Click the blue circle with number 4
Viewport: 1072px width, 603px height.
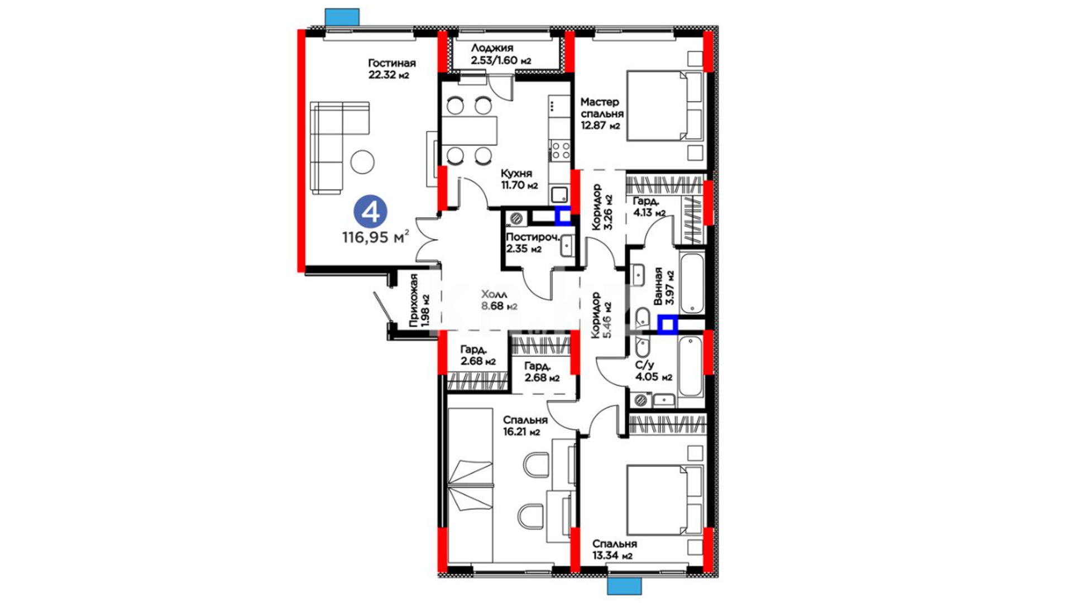click(x=371, y=212)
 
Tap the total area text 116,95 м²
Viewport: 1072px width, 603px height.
click(x=376, y=237)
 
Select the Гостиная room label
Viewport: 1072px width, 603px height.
click(x=392, y=69)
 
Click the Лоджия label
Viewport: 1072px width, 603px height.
click(x=501, y=54)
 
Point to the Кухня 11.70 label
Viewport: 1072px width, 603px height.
click(x=519, y=179)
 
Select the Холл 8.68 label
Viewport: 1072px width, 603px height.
click(x=499, y=300)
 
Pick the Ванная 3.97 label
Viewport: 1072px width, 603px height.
click(x=664, y=286)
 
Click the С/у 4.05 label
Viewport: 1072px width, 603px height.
click(x=653, y=371)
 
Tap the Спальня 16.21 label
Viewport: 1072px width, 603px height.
click(x=525, y=425)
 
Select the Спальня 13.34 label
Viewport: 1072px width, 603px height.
click(x=614, y=549)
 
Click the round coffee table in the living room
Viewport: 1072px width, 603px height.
click(x=362, y=162)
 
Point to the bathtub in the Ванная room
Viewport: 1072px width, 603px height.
click(x=692, y=283)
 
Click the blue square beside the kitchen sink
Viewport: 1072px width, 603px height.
click(x=563, y=215)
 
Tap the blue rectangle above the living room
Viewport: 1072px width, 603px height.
click(x=342, y=17)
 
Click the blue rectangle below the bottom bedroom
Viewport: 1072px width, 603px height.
click(x=624, y=586)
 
